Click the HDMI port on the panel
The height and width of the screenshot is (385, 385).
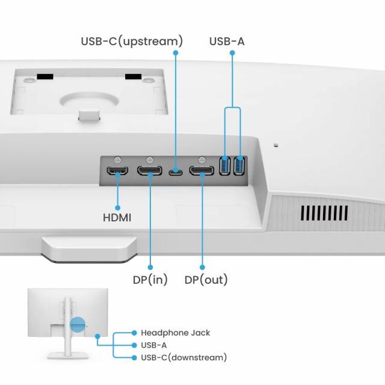coord(117,171)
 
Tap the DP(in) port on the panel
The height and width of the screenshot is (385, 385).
coord(150,171)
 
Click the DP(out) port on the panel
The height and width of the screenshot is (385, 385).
coord(202,171)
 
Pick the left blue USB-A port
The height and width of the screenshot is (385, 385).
coord(225,166)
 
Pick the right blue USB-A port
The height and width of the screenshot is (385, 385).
coord(239,166)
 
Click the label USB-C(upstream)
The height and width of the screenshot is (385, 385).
coord(132,42)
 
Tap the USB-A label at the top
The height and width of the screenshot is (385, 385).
coord(227,42)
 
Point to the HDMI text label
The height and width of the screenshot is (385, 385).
coord(117,217)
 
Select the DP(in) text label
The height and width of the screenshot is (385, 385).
coord(150,280)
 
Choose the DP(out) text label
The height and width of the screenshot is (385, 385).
coord(206,280)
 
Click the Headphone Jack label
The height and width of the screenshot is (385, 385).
coord(175,333)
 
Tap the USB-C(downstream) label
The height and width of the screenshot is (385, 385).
coord(183,357)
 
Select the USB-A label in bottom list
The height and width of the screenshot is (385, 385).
coord(153,345)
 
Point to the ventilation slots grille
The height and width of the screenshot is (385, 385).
coord(324,213)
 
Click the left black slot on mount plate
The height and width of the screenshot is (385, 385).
coord(45,77)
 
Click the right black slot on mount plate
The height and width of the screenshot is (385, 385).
coord(133,77)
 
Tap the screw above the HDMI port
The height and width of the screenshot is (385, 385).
coord(117,158)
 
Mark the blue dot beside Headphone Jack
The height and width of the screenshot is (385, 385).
coord(134,333)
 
